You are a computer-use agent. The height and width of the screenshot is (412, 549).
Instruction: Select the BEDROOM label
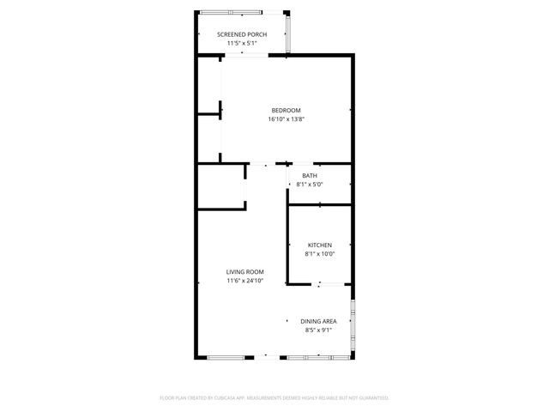pyautogui.click(x=286, y=110)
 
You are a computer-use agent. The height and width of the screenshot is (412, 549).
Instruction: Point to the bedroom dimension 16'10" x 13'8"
pyautogui.click(x=286, y=119)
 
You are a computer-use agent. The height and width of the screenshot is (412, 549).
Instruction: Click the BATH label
pyautogui.click(x=309, y=176)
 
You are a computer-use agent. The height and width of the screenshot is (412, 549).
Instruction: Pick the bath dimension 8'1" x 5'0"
pyautogui.click(x=309, y=185)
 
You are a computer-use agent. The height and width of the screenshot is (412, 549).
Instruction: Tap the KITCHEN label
pyautogui.click(x=319, y=245)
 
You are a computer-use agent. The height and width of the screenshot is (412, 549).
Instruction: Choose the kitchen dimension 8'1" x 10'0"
pyautogui.click(x=319, y=254)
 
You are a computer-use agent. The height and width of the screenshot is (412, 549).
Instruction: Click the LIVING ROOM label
pyautogui.click(x=244, y=271)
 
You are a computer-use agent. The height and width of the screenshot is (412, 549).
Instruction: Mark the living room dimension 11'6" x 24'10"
pyautogui.click(x=244, y=281)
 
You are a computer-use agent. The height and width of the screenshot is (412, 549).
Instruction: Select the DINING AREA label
pyautogui.click(x=318, y=321)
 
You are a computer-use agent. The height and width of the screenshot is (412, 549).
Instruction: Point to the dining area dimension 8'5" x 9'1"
pyautogui.click(x=318, y=330)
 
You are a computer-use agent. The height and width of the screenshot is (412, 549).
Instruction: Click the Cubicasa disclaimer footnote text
pyautogui.click(x=274, y=398)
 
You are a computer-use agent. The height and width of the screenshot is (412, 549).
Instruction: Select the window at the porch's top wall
pyautogui.click(x=230, y=12)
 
